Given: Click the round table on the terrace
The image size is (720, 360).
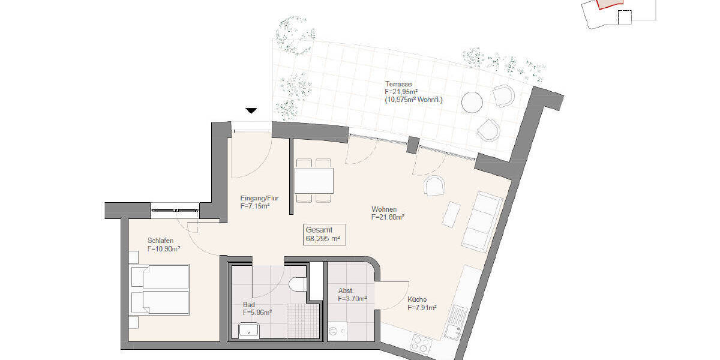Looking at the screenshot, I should coord(473,102).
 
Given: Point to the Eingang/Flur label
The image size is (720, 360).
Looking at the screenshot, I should coord(259,198).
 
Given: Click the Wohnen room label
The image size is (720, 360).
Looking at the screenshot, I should coord(384,209).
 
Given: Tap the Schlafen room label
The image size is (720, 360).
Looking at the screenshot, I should coord(160,241).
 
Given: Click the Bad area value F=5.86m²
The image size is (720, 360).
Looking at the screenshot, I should coord(257,313).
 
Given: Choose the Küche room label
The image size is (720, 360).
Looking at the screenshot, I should coord(417,300).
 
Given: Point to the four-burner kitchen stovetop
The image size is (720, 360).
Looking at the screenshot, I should coord(418,344).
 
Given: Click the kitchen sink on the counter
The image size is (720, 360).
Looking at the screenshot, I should coord(454,323).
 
